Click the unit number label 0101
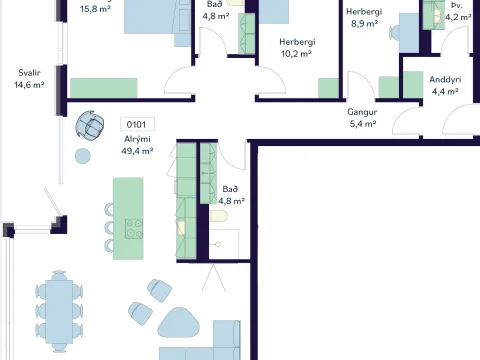[x=137, y=125]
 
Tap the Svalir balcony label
[x=29, y=73]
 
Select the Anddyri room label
[x=445, y=79]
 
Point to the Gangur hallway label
[x=362, y=112]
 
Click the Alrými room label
[x=137, y=139]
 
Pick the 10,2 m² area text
[x=296, y=54]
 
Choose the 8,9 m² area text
[x=364, y=24]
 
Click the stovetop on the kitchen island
[x=134, y=228]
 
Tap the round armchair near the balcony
[x=90, y=125]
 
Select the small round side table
[x=83, y=156]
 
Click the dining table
[x=59, y=311]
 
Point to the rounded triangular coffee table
[x=179, y=322]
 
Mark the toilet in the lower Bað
[x=219, y=216]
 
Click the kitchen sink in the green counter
[x=181, y=228]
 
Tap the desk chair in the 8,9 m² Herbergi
[x=394, y=33]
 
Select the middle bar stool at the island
[x=109, y=228]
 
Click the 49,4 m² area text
[x=137, y=151]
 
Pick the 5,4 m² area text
[x=363, y=124]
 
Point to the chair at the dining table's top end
[x=59, y=275]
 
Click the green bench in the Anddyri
[x=413, y=85]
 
